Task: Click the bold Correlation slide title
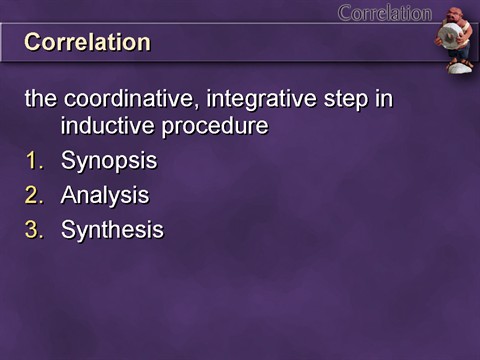coord(87,43)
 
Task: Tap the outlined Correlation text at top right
coord(384,13)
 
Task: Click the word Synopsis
coord(108,161)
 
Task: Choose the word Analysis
coord(104,195)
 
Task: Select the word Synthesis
coord(112,230)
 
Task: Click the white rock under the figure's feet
coord(459,68)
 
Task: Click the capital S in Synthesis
coord(68,230)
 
